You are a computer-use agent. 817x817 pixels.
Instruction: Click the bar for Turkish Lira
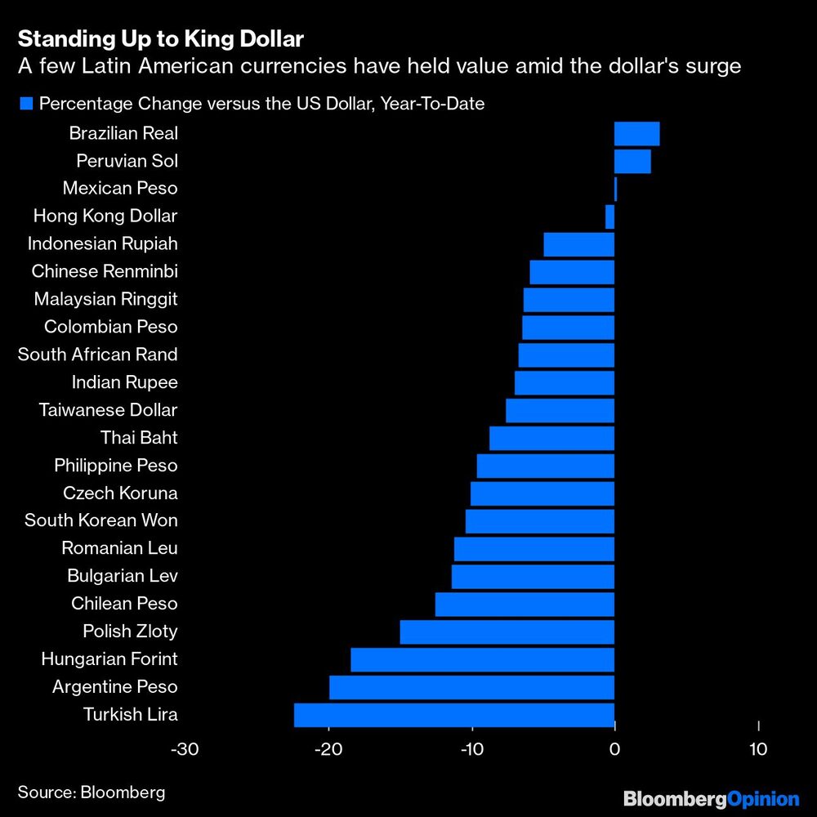(x=454, y=715)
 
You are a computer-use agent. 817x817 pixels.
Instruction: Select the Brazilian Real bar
(x=636, y=133)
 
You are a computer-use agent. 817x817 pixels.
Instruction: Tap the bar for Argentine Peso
(x=471, y=687)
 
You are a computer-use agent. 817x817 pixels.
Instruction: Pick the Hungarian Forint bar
(x=482, y=659)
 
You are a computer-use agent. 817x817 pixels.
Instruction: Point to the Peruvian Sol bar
(x=632, y=161)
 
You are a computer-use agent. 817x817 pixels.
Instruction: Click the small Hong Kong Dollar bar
(x=609, y=217)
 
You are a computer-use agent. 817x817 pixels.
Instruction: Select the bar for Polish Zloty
(x=507, y=632)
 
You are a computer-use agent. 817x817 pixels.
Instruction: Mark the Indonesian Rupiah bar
(x=578, y=244)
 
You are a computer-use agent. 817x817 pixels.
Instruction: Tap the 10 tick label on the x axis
(x=757, y=749)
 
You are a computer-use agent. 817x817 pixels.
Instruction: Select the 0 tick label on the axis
(x=614, y=749)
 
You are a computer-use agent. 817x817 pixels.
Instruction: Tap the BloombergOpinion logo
(x=711, y=798)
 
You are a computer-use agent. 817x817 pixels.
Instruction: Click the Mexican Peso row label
(x=120, y=189)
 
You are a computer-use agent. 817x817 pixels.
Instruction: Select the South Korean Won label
(x=101, y=520)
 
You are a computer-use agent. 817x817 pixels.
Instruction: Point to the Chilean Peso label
(x=124, y=604)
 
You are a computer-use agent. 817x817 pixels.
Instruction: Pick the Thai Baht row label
(x=139, y=437)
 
